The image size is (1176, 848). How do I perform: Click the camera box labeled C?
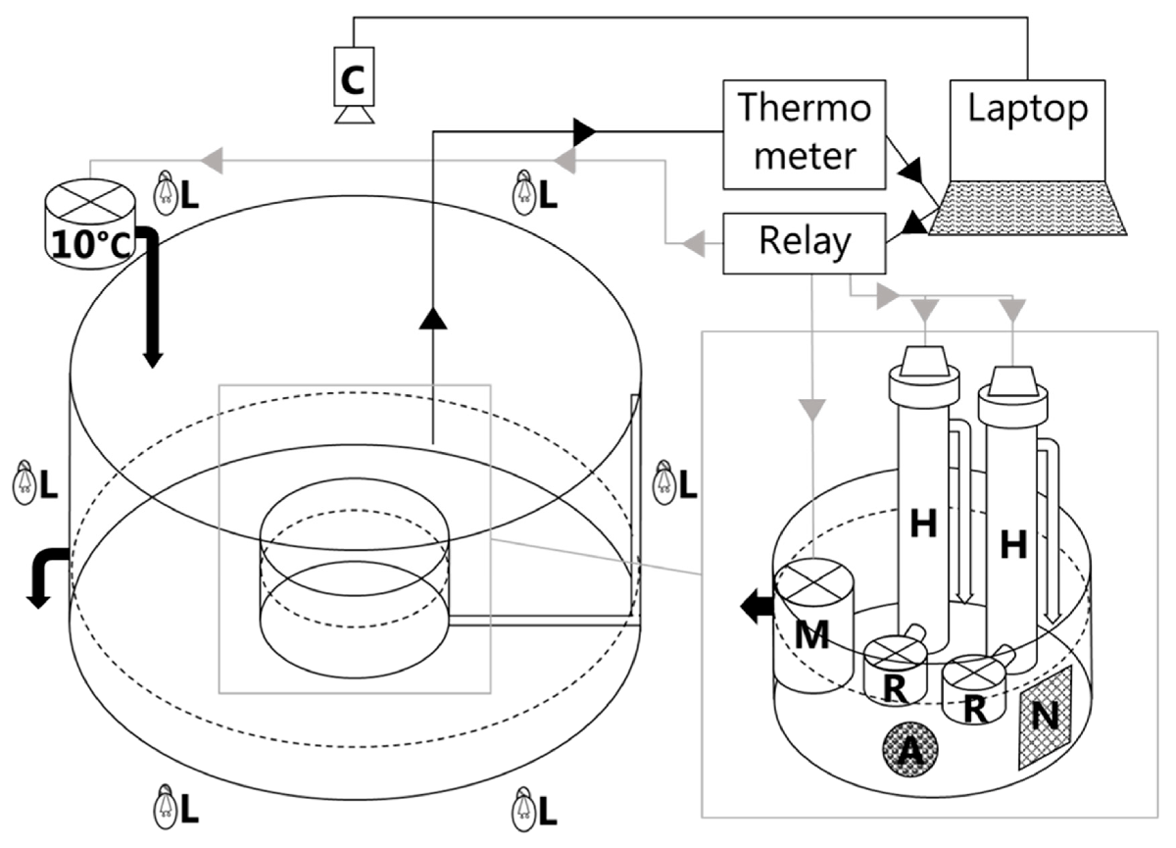click(355, 76)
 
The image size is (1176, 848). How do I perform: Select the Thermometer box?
click(805, 134)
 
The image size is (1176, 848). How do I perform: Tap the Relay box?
click(805, 243)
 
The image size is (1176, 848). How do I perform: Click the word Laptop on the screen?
click(1027, 110)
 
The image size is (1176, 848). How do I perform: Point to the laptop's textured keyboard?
click(1027, 208)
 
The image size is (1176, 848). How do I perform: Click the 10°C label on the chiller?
click(90, 245)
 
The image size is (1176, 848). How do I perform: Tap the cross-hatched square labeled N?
click(1045, 718)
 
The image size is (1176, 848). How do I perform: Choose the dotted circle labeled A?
click(909, 750)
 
